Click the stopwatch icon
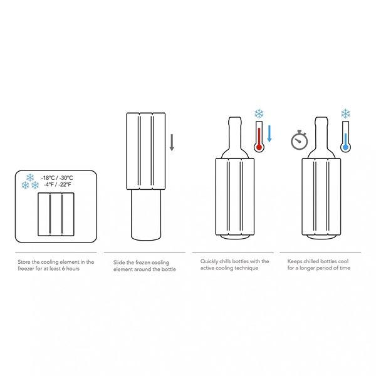(x=300, y=141)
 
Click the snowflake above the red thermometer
(x=259, y=114)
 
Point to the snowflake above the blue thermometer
(x=345, y=114)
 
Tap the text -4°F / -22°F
(x=58, y=185)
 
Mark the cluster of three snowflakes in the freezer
(x=30, y=181)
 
